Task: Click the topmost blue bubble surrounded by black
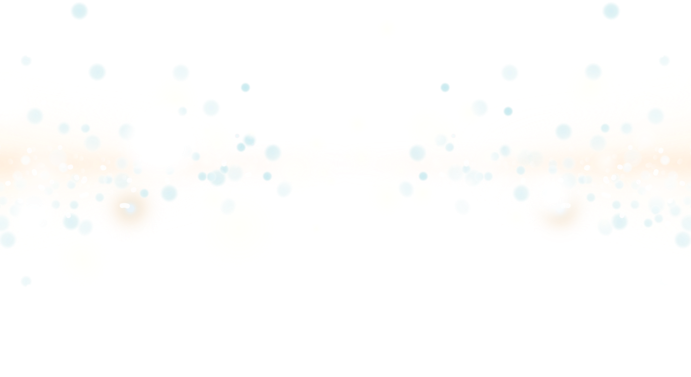(x=611, y=11)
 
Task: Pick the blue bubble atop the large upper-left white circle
(x=79, y=10)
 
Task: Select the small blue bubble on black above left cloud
(x=245, y=87)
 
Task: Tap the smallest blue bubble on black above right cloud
(x=445, y=87)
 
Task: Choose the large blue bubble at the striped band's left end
(x=272, y=152)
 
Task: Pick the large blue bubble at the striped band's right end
(x=417, y=153)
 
